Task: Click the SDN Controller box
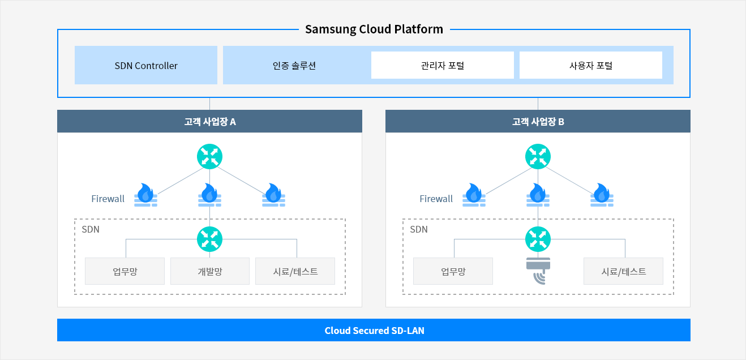pyautogui.click(x=146, y=65)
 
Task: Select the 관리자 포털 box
pyautogui.click(x=443, y=65)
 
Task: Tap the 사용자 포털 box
pyautogui.click(x=591, y=65)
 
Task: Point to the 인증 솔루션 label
pyautogui.click(x=294, y=66)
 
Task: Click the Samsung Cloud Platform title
pyautogui.click(x=374, y=29)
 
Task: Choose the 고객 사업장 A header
pyautogui.click(x=209, y=121)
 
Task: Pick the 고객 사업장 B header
pyautogui.click(x=538, y=121)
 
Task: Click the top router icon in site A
pyautogui.click(x=209, y=157)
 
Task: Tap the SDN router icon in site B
pyautogui.click(x=538, y=239)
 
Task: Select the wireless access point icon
pyautogui.click(x=538, y=271)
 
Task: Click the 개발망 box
pyautogui.click(x=210, y=271)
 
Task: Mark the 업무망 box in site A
pyautogui.click(x=125, y=271)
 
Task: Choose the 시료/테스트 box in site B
pyautogui.click(x=623, y=271)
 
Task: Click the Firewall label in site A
pyautogui.click(x=108, y=199)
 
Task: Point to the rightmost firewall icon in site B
pyautogui.click(x=602, y=195)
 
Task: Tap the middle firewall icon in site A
pyautogui.click(x=209, y=195)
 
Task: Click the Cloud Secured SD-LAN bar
pyautogui.click(x=374, y=330)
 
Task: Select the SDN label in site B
pyautogui.click(x=419, y=229)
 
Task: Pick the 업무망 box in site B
pyautogui.click(x=453, y=271)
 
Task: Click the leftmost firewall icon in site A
pyautogui.click(x=145, y=195)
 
